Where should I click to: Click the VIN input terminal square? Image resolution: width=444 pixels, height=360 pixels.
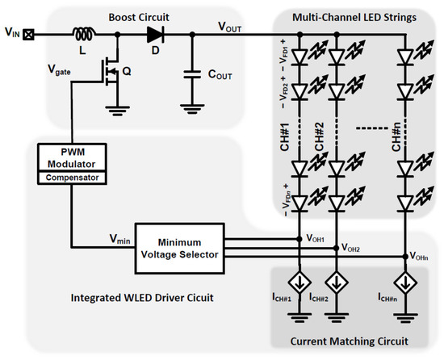pyautogui.click(x=31, y=36)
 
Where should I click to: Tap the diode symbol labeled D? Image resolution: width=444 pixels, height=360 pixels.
pyautogui.click(x=153, y=36)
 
